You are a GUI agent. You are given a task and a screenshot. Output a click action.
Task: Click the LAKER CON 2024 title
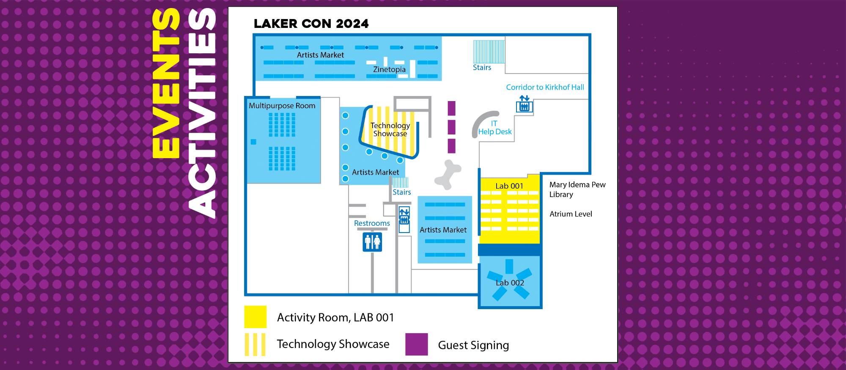311,24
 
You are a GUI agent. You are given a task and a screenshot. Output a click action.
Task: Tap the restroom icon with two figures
372,242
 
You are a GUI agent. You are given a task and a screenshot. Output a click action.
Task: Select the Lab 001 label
509,186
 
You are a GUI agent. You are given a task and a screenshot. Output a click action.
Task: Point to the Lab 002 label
510,283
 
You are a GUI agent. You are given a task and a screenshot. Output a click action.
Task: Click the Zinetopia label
389,69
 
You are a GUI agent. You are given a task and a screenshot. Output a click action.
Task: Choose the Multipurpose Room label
282,106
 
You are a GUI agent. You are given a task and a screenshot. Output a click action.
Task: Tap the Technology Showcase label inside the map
390,129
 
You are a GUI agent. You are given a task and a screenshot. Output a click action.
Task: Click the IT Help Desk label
494,128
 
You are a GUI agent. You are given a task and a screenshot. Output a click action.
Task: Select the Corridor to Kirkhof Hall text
545,88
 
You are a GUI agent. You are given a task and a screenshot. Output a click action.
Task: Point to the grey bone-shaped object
448,174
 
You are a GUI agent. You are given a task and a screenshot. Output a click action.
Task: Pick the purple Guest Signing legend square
416,344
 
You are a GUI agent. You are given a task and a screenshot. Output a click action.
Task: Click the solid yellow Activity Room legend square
255,317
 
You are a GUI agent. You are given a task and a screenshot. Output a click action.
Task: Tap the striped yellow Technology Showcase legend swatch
255,344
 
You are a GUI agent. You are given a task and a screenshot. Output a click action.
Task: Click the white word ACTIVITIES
202,113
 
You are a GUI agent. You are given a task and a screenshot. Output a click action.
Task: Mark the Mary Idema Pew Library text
577,189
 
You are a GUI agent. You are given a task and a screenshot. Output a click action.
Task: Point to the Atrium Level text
571,214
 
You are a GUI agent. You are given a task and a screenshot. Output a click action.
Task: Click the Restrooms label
372,223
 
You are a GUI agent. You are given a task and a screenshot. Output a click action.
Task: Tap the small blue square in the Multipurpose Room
253,142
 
